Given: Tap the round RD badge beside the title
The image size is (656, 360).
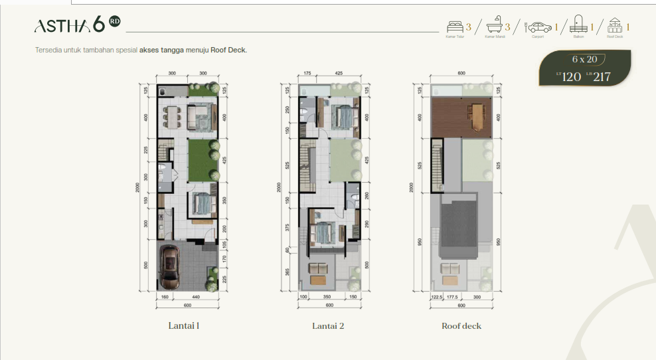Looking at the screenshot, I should pyautogui.click(x=114, y=21).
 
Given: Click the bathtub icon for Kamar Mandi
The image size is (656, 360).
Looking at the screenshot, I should pyautogui.click(x=495, y=27).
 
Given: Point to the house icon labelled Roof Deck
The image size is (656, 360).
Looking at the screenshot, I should pyautogui.click(x=615, y=27).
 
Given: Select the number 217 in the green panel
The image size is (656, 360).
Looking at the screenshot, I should pyautogui.click(x=602, y=77).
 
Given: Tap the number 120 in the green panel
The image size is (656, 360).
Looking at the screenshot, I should pyautogui.click(x=571, y=77).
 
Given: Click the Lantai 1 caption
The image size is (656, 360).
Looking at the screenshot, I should pyautogui.click(x=184, y=326).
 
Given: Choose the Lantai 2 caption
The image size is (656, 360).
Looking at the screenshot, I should pyautogui.click(x=328, y=326).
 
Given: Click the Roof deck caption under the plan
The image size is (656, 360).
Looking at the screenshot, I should pyautogui.click(x=461, y=326).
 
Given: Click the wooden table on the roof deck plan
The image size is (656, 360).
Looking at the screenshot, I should pyautogui.click(x=477, y=117).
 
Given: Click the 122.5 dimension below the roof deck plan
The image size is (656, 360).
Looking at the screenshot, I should pyautogui.click(x=436, y=298).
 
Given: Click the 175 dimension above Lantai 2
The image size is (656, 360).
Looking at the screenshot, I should pyautogui.click(x=307, y=73).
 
